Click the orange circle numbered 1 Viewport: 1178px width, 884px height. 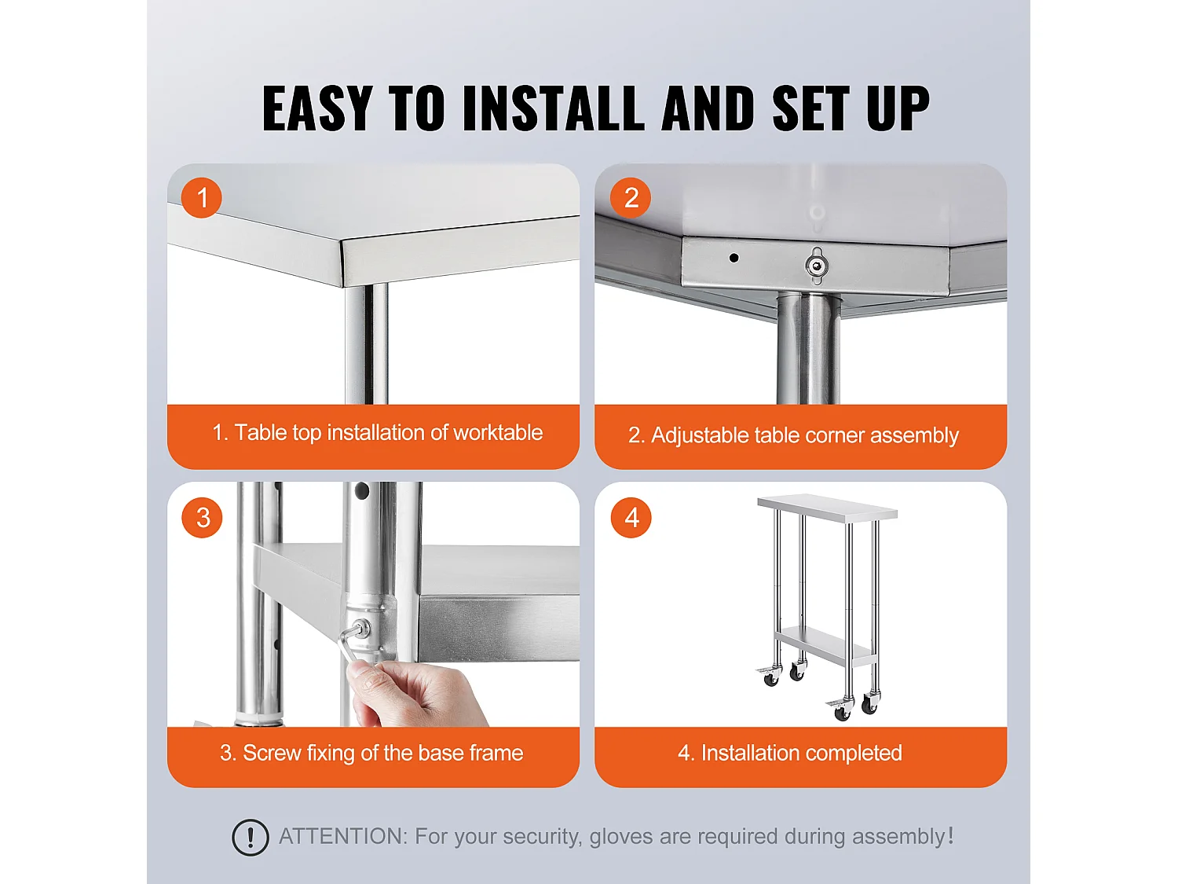(x=202, y=197)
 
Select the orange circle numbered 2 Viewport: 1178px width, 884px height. (x=631, y=197)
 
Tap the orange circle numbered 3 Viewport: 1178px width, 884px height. (x=202, y=518)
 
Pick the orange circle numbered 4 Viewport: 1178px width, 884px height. (x=631, y=518)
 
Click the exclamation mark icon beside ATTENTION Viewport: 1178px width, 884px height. (x=251, y=837)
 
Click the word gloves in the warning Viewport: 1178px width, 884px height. (x=620, y=836)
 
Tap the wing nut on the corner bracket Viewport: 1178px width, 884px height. (x=817, y=265)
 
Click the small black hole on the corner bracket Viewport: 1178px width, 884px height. (x=734, y=258)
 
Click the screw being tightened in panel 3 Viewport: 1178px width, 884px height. (x=361, y=629)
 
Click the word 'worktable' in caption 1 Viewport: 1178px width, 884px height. (x=498, y=432)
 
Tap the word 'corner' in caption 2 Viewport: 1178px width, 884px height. (x=827, y=435)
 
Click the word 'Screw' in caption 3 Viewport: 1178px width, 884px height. (x=272, y=753)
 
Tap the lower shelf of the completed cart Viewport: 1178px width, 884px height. (x=825, y=644)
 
